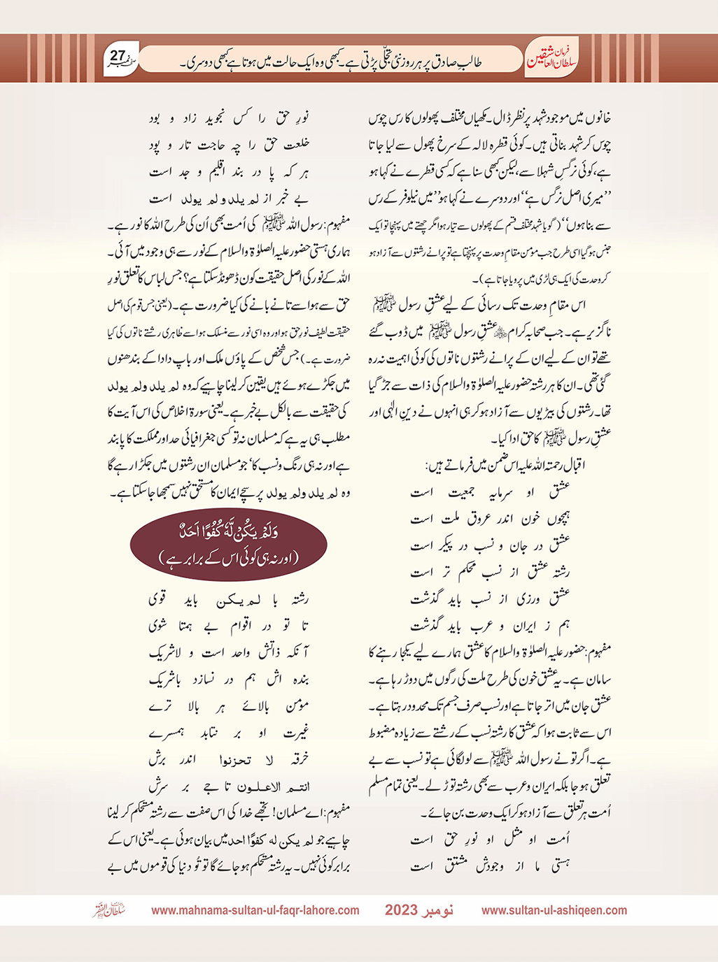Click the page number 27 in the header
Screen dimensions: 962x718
point(118,55)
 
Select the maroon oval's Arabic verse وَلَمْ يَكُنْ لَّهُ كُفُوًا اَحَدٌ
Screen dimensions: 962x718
point(229,533)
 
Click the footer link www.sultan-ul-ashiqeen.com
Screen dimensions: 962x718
point(554,910)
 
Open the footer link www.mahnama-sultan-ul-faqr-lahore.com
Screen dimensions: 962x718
point(255,910)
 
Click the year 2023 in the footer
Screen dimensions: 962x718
point(401,910)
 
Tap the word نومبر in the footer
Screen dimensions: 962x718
point(438,910)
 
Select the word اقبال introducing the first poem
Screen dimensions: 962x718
point(595,464)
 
